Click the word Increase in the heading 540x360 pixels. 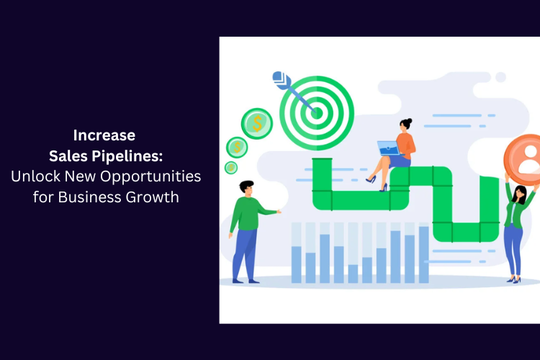pyautogui.click(x=104, y=135)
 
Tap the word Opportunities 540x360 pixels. pyautogui.click(x=150, y=176)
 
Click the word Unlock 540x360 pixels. pyautogui.click(x=36, y=176)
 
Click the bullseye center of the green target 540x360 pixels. pyautogui.click(x=317, y=113)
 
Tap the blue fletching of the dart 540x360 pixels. pyautogui.click(x=280, y=80)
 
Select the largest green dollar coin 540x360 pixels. pyautogui.click(x=257, y=123)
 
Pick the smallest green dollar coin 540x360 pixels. pyautogui.click(x=230, y=168)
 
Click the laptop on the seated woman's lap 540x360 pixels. pyautogui.click(x=389, y=148)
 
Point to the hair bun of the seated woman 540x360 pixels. pyautogui.click(x=409, y=121)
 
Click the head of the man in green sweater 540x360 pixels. pyautogui.click(x=246, y=188)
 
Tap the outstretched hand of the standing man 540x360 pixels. pyautogui.click(x=279, y=212)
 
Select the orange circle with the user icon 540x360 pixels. pyautogui.click(x=523, y=159)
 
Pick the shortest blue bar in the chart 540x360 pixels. pyautogui.click(x=353, y=274)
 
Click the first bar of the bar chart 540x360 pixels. pyautogui.click(x=296, y=264)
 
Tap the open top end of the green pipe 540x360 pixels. pyautogui.click(x=322, y=159)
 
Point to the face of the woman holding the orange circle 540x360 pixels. pyautogui.click(x=520, y=195)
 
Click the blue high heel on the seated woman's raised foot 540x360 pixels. pyautogui.click(x=371, y=179)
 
